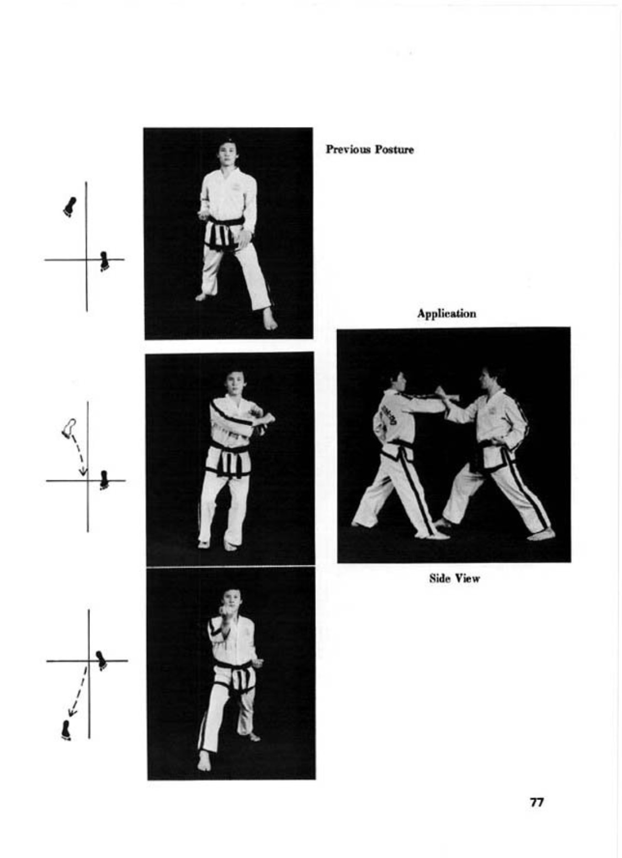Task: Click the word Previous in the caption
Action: [348, 149]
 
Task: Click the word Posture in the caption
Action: [394, 149]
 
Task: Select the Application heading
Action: [446, 314]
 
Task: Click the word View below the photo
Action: [466, 578]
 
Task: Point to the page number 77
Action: [536, 802]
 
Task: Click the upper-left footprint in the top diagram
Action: [70, 207]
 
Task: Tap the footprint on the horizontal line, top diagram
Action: [104, 261]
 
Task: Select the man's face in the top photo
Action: [227, 152]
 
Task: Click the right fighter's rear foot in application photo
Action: [540, 534]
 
